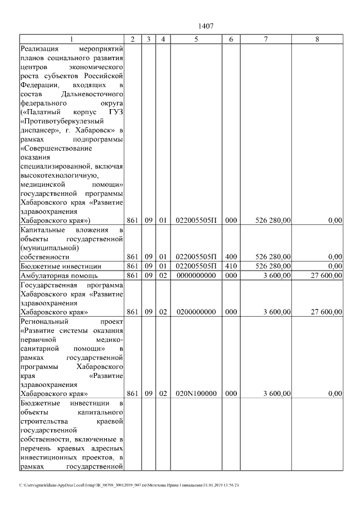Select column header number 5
[x=196, y=39]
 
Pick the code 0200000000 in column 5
[x=196, y=311]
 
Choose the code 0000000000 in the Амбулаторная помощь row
[x=196, y=276]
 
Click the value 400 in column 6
[x=231, y=256]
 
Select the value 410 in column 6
[x=231, y=266]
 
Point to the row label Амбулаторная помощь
[x=59, y=276]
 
